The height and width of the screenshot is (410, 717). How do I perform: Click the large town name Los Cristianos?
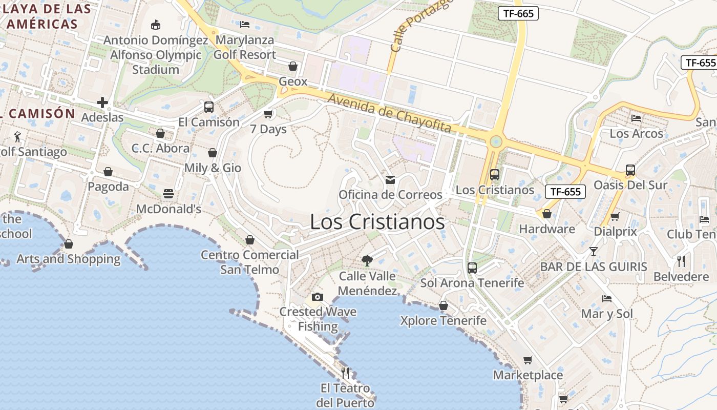pyautogui.click(x=377, y=222)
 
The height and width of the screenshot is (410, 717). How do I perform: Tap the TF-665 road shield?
pyautogui.click(x=518, y=13)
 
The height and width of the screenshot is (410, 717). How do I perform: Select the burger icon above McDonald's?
pyautogui.click(x=168, y=194)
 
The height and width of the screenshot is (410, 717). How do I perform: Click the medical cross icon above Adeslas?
pyautogui.click(x=102, y=102)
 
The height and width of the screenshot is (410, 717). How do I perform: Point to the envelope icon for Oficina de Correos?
pyautogui.click(x=390, y=179)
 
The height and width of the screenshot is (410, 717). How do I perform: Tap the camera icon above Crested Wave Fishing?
pyautogui.click(x=318, y=297)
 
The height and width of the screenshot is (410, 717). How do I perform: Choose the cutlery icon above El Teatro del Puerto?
pyautogui.click(x=345, y=373)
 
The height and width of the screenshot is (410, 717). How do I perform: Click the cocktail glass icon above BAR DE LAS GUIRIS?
pyautogui.click(x=593, y=251)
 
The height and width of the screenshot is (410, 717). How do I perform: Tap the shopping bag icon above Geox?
pyautogui.click(x=293, y=66)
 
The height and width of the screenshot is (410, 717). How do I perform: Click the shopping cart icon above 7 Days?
pyautogui.click(x=268, y=114)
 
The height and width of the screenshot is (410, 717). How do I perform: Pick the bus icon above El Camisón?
pyautogui.click(x=208, y=107)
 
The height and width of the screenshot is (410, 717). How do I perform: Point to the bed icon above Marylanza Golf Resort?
pyautogui.click(x=245, y=25)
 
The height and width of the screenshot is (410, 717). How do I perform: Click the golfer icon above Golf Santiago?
pyautogui.click(x=18, y=137)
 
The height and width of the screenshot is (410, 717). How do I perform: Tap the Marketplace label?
pyautogui.click(x=528, y=375)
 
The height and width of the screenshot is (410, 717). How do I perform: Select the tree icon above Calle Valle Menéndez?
pyautogui.click(x=367, y=261)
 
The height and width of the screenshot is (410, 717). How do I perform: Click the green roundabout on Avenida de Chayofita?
pyautogui.click(x=495, y=141)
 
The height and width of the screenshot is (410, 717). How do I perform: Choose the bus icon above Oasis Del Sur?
pyautogui.click(x=630, y=170)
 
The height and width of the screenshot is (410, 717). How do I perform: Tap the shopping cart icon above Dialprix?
pyautogui.click(x=615, y=216)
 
